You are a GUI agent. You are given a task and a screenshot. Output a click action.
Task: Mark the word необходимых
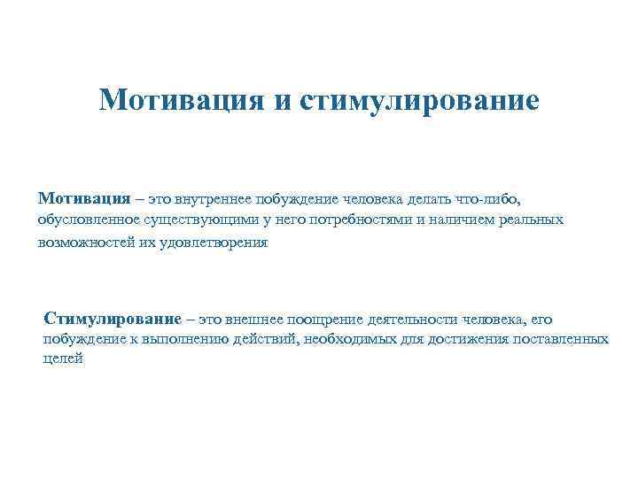341,339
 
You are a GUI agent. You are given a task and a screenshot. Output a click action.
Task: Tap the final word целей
62,359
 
